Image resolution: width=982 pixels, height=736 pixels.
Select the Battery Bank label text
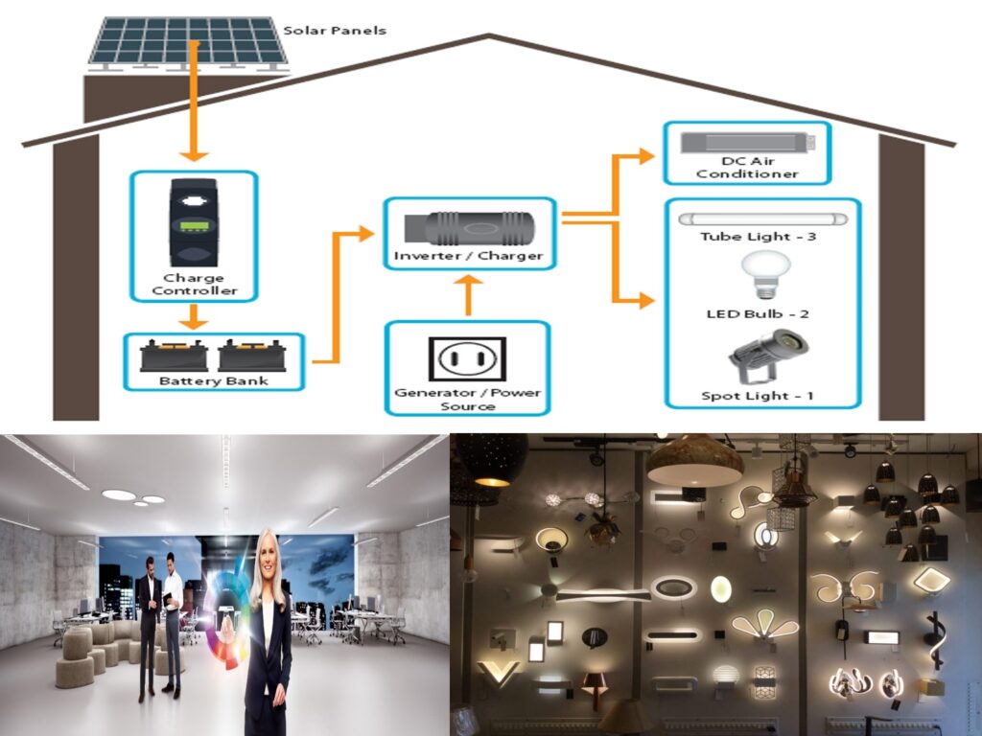coord(214,380)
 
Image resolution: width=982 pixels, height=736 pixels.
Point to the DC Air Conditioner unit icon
coord(747,143)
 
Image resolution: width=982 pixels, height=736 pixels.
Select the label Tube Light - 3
coord(759,237)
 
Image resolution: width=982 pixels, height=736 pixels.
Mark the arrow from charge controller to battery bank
coord(195,316)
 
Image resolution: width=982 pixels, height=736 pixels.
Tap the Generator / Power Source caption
coord(467,400)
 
